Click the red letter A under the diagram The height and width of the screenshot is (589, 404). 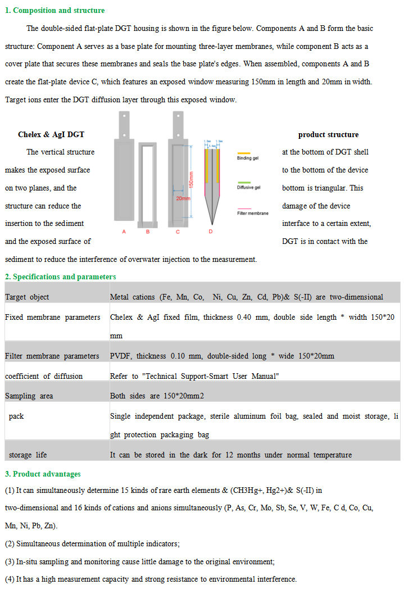[124, 232]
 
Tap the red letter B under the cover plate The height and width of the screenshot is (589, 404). [148, 232]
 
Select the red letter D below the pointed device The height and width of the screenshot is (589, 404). [211, 232]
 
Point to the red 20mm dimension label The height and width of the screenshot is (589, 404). [183, 198]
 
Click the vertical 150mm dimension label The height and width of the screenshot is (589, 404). [191, 179]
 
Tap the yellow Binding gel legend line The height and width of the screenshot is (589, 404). [244, 153]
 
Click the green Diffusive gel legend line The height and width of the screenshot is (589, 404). [244, 182]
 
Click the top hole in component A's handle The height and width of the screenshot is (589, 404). [124, 117]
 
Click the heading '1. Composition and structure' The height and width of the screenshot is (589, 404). [55, 10]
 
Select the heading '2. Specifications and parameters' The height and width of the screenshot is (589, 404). [61, 277]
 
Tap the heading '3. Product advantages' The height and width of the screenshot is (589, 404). [43, 474]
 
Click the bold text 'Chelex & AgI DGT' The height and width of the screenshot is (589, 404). [51, 134]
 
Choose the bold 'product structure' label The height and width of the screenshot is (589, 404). [328, 134]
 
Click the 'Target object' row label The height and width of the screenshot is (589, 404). [27, 297]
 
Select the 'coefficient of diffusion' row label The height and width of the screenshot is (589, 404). [44, 376]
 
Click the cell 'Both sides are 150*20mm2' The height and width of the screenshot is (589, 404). [157, 396]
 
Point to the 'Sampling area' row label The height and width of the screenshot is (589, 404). [29, 396]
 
